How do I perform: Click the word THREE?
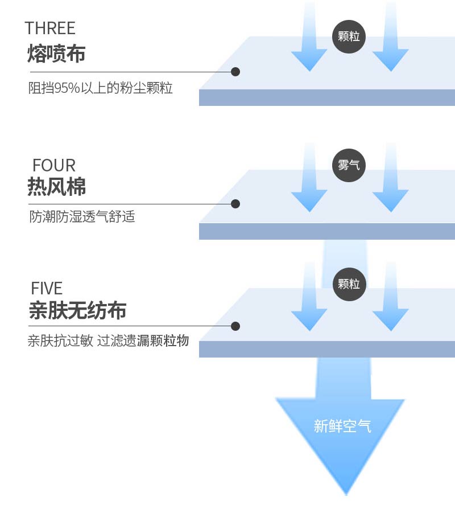50,28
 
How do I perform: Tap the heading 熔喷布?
56,54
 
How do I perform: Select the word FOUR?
54,165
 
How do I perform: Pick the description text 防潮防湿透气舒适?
82,217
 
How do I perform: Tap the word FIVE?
47,288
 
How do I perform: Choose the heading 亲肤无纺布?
77,311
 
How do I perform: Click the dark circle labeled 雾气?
349,166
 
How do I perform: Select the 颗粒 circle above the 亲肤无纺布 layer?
349,284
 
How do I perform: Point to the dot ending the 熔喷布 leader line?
235,72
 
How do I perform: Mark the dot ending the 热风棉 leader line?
235,203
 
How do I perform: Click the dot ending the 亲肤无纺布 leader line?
235,326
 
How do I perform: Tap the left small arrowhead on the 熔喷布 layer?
309,60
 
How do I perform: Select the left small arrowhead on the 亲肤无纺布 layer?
309,319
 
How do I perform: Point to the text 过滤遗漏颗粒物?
143,342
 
